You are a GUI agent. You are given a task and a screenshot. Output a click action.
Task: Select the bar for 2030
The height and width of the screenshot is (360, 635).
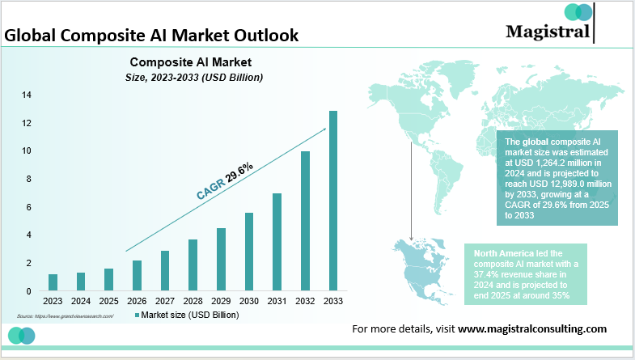tap(249, 252)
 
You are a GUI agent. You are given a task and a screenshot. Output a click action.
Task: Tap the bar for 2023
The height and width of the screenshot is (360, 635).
tap(53, 282)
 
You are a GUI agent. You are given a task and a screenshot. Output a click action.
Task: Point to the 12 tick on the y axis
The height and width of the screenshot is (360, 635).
tap(27, 123)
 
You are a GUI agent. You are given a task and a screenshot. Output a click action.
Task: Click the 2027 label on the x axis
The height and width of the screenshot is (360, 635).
tap(165, 300)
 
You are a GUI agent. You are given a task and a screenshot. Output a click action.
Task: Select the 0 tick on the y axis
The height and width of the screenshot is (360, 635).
tap(29, 291)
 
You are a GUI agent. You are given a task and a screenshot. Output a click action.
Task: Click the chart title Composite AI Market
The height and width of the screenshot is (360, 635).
tap(191, 61)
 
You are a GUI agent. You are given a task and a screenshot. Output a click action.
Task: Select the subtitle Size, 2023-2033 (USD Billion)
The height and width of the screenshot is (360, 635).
tap(191, 77)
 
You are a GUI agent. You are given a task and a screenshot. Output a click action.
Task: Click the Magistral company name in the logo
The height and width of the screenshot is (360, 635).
tap(548, 31)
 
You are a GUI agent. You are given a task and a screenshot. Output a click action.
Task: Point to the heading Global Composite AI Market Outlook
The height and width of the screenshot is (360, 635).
tap(151, 36)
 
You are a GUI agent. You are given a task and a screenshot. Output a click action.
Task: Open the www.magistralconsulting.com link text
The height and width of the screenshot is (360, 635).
tap(531, 328)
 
